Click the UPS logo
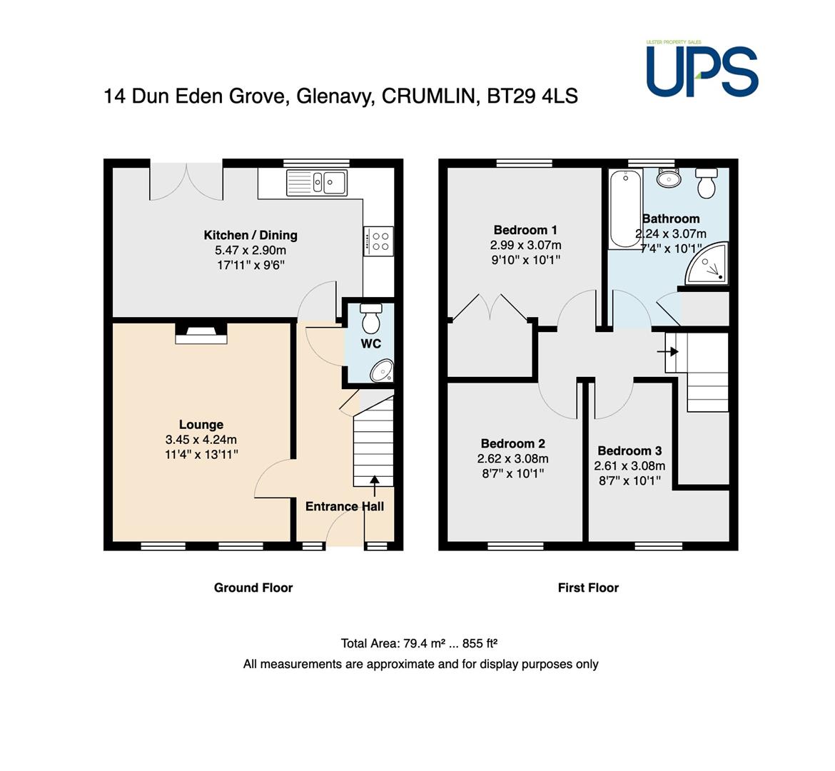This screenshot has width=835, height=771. pos(702,69)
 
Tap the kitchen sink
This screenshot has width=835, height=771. pos(317,182)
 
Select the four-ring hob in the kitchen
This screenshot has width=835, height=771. pos(379,241)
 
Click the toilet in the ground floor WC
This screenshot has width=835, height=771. pos(370,318)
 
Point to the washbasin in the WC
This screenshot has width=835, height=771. pos(382,371)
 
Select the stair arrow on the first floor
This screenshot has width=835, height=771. pos(668,352)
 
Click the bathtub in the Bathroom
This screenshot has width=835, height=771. pos(625,208)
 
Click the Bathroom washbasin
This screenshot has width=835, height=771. pos(668,178)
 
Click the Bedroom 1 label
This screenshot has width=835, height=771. pos(525,230)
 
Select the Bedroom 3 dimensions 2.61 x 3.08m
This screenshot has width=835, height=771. pos(629,465)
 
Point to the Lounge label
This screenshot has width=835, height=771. pos(201,425)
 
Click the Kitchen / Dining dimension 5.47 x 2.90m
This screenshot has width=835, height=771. pos(250,250)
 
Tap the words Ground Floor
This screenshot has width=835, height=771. pos(253,588)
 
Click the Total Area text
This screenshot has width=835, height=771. pos(418,643)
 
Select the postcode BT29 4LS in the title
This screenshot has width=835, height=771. pos(532,96)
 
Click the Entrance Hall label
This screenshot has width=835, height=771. pos(345,506)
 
